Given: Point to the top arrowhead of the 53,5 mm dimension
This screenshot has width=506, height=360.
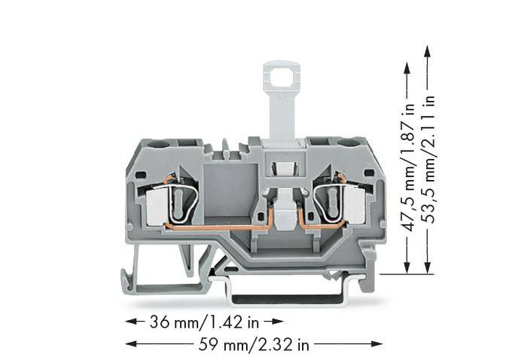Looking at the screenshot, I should tap(428, 50).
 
